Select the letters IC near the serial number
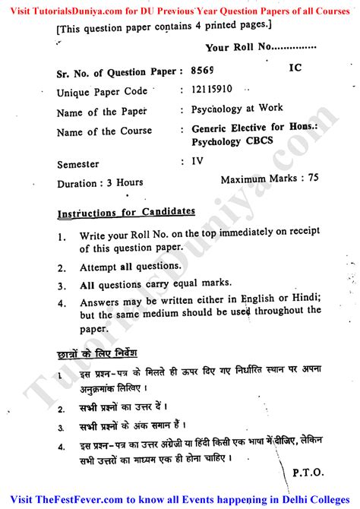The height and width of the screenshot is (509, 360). tap(296, 68)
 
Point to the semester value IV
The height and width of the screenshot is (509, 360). tap(197, 161)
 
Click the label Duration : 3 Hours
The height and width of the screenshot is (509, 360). tap(99, 183)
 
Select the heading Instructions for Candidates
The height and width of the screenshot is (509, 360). tap(125, 212)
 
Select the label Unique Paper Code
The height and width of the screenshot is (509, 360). tap(102, 92)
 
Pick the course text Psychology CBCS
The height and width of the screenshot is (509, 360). tap(236, 141)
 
